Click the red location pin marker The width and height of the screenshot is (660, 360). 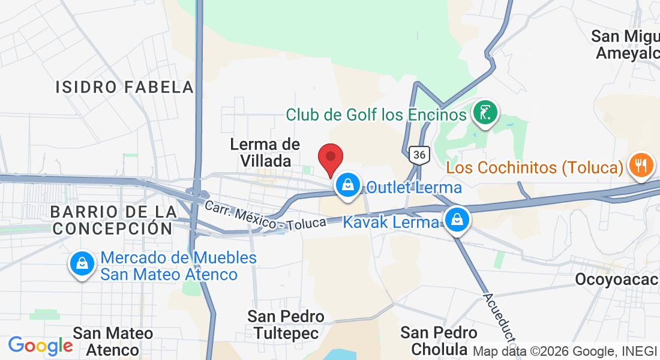pyautogui.click(x=330, y=160)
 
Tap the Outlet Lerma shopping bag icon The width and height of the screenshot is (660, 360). pyautogui.click(x=348, y=184)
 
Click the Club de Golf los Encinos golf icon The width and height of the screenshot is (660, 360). pyautogui.click(x=484, y=112)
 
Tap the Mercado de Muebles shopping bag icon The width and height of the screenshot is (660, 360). pyautogui.click(x=82, y=263)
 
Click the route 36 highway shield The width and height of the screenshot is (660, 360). pyautogui.click(x=419, y=155)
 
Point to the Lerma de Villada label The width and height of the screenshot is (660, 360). pyautogui.click(x=265, y=152)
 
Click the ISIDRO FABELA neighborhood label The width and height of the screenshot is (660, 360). pyautogui.click(x=125, y=87)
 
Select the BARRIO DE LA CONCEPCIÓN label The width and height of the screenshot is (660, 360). pyautogui.click(x=113, y=220)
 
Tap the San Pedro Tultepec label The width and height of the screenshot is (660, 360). pyautogui.click(x=286, y=324)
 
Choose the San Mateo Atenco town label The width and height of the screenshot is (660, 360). pyautogui.click(x=113, y=340)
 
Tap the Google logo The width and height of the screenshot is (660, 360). pyautogui.click(x=40, y=346)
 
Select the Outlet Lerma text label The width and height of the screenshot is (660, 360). pyautogui.click(x=414, y=187)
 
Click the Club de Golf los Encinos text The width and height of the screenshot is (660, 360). pyautogui.click(x=376, y=114)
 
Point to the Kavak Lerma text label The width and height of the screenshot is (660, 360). pyautogui.click(x=391, y=222)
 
